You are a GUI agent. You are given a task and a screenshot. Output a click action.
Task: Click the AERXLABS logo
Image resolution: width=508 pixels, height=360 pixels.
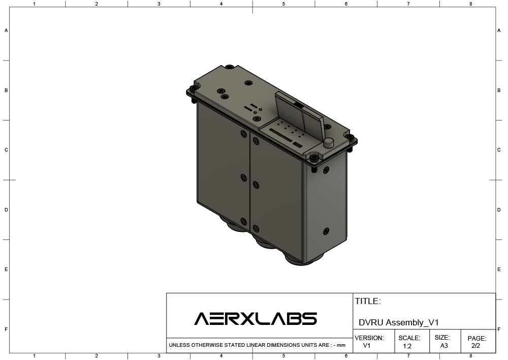click(x=256, y=318)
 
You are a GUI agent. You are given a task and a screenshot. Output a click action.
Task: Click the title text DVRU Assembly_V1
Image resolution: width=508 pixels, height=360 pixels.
click(x=398, y=322)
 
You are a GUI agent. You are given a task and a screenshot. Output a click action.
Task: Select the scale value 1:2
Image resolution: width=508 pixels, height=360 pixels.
click(x=407, y=346)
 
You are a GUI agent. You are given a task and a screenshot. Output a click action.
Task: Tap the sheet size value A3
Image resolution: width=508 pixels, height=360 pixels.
click(x=444, y=346)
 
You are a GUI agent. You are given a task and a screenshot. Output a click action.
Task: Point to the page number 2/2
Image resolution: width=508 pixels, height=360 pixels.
click(x=475, y=346)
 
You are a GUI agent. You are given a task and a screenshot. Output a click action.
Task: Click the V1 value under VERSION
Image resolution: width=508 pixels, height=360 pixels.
click(x=367, y=346)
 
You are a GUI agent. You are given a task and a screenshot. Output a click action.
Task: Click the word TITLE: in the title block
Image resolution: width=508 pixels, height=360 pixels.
click(x=368, y=302)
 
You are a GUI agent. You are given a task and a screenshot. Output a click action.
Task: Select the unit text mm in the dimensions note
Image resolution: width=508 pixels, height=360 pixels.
click(x=341, y=345)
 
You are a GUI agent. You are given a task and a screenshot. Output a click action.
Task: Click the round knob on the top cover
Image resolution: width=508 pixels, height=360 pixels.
click(x=329, y=143)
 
